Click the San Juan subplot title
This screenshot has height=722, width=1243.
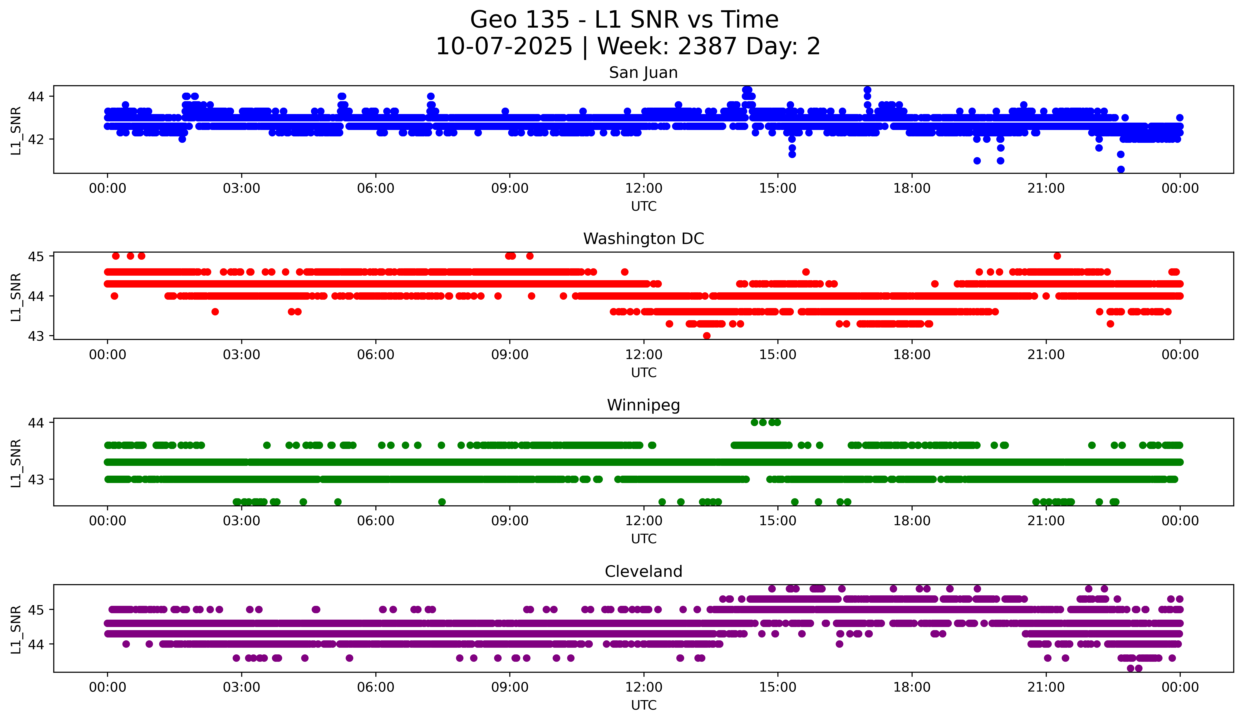[643, 73]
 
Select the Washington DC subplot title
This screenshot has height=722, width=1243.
[643, 239]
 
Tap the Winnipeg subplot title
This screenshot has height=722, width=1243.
[643, 405]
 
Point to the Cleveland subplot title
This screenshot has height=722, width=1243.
[643, 572]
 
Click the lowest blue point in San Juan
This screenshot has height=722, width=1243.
[1121, 169]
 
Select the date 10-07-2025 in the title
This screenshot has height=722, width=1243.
[504, 46]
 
